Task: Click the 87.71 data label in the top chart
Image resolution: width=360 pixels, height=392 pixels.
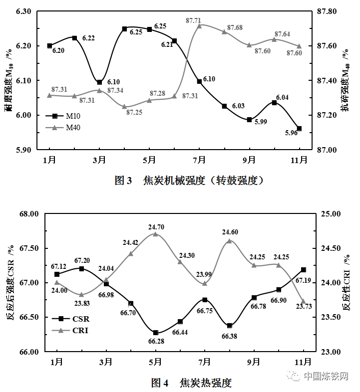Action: point(193,20)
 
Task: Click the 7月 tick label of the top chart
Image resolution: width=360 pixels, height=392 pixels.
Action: point(199,160)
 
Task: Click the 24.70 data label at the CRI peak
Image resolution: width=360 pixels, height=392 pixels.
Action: point(156,227)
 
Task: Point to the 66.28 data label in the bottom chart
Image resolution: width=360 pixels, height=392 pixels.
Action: point(156,341)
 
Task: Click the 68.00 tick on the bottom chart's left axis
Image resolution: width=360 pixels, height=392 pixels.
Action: point(28,214)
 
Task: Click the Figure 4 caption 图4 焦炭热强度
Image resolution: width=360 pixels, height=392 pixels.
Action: point(192,383)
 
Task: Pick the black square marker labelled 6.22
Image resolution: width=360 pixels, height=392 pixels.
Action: point(74,38)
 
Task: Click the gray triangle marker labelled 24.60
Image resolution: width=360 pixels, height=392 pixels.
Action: point(229,241)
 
